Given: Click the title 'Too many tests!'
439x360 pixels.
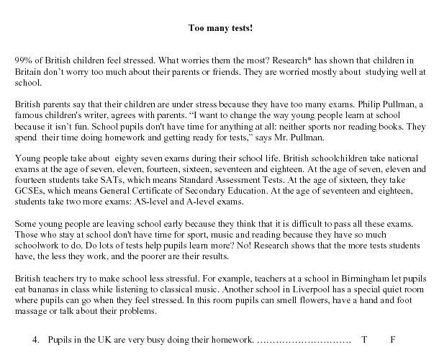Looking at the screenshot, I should tap(219, 29).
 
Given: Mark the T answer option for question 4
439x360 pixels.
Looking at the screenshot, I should tap(364, 338).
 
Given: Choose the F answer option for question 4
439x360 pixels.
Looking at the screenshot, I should tap(393, 338).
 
